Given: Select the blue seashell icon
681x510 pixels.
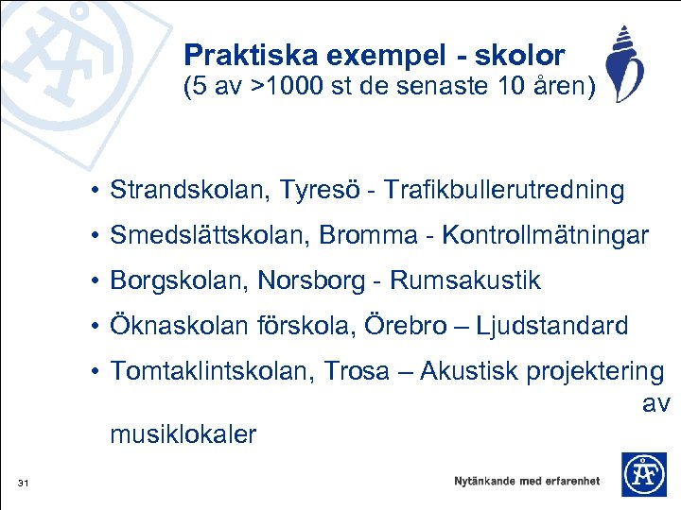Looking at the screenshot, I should click(626, 63).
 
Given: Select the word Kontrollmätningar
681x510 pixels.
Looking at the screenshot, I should click(545, 236).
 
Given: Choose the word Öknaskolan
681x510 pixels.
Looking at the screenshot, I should click(180, 326).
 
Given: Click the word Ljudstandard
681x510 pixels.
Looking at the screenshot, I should click(551, 326).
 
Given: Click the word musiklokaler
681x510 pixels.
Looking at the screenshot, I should click(183, 434).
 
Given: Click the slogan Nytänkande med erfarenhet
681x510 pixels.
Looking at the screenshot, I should click(526, 481).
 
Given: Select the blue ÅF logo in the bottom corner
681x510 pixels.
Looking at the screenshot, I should click(643, 474).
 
